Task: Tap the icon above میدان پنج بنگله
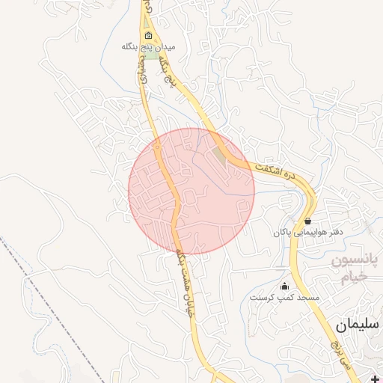tap(148, 35)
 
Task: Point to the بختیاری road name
tap(142, 78)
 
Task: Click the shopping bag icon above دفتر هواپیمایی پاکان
tap(308, 221)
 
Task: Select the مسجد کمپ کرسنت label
tap(284, 298)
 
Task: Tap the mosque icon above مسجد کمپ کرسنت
tap(284, 287)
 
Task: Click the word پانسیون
tap(356, 262)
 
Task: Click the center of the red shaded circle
tap(191, 191)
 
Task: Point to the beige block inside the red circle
tap(218, 155)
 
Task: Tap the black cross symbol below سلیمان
tap(375, 379)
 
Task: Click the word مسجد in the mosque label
tap(309, 298)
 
